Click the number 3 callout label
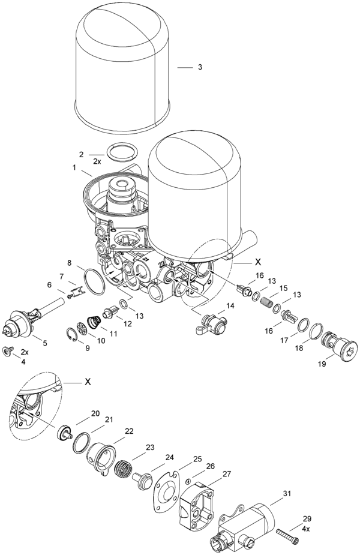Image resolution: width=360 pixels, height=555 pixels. tap(199, 67)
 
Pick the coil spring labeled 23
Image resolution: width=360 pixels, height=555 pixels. tap(124, 468)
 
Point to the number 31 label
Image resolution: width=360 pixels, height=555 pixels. tap(287, 494)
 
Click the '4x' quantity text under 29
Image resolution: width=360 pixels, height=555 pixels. tap(307, 529)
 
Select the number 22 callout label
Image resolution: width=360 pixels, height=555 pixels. tap(129, 431)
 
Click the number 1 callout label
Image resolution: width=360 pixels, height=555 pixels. tap(74, 167)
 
